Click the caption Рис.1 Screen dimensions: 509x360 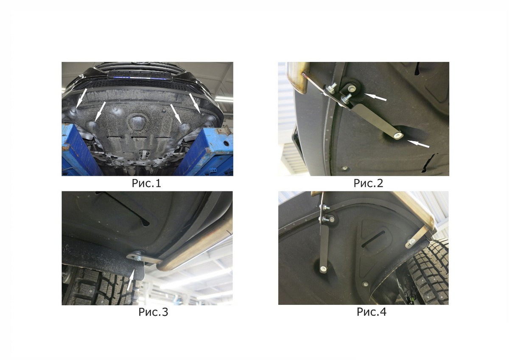click(146, 183)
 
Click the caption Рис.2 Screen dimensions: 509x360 click(368, 183)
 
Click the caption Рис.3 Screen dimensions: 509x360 click(154, 312)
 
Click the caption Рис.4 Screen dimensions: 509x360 click(371, 312)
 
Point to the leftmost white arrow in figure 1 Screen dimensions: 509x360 click(81, 98)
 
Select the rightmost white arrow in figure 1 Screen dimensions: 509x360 click(195, 103)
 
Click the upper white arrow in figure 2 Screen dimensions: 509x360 click(376, 97)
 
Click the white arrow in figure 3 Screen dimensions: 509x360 click(131, 280)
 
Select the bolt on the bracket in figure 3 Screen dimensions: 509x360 click(138, 258)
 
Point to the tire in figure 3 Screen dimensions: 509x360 click(102, 286)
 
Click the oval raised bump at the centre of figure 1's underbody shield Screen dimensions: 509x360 click(136, 122)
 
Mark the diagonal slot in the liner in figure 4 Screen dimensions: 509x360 click(373, 239)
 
